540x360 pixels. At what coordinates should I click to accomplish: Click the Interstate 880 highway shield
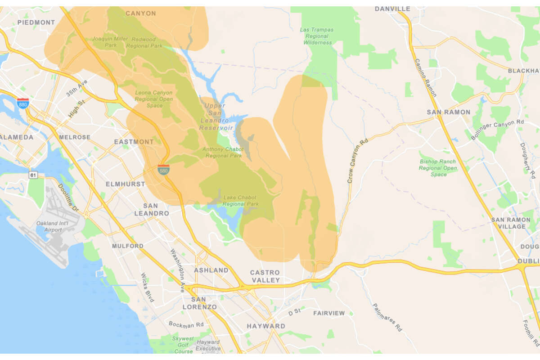[22, 103]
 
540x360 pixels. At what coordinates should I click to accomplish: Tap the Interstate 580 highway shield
[163, 169]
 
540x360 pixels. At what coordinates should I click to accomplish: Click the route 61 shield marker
[32, 174]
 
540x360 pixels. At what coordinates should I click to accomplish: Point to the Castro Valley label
[265, 276]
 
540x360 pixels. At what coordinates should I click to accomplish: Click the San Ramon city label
[448, 112]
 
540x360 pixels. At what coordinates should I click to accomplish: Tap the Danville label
[392, 9]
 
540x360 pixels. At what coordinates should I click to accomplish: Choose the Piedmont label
[36, 22]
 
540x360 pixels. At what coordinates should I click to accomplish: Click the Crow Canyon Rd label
[358, 160]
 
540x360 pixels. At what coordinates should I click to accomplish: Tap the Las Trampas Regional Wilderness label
[317, 36]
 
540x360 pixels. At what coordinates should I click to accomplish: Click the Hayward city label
[265, 326]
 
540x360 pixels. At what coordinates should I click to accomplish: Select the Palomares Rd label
[387, 317]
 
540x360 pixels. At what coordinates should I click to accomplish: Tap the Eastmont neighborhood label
[134, 142]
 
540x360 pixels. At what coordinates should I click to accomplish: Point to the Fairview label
[329, 313]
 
